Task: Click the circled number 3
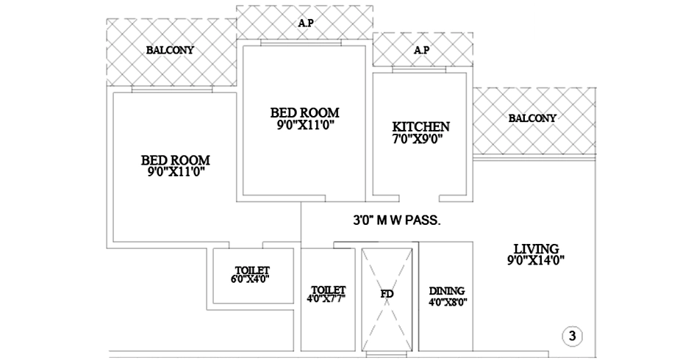572,336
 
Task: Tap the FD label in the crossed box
387,294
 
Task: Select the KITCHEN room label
421,127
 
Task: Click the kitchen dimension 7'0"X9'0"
418,140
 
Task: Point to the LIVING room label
537,249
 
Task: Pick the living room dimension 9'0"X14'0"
535,260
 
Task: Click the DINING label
447,291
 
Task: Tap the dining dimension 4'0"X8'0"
448,302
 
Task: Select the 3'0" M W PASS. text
397,220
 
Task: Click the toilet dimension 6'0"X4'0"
250,279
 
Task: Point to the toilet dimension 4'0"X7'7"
326,298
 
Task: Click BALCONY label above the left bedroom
170,50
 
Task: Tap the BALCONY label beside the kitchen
532,118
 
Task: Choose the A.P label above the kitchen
422,50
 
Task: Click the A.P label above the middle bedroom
306,23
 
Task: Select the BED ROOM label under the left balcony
176,160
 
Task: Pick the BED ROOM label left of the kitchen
305,113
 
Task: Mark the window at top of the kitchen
419,70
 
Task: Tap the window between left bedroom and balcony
172,90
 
